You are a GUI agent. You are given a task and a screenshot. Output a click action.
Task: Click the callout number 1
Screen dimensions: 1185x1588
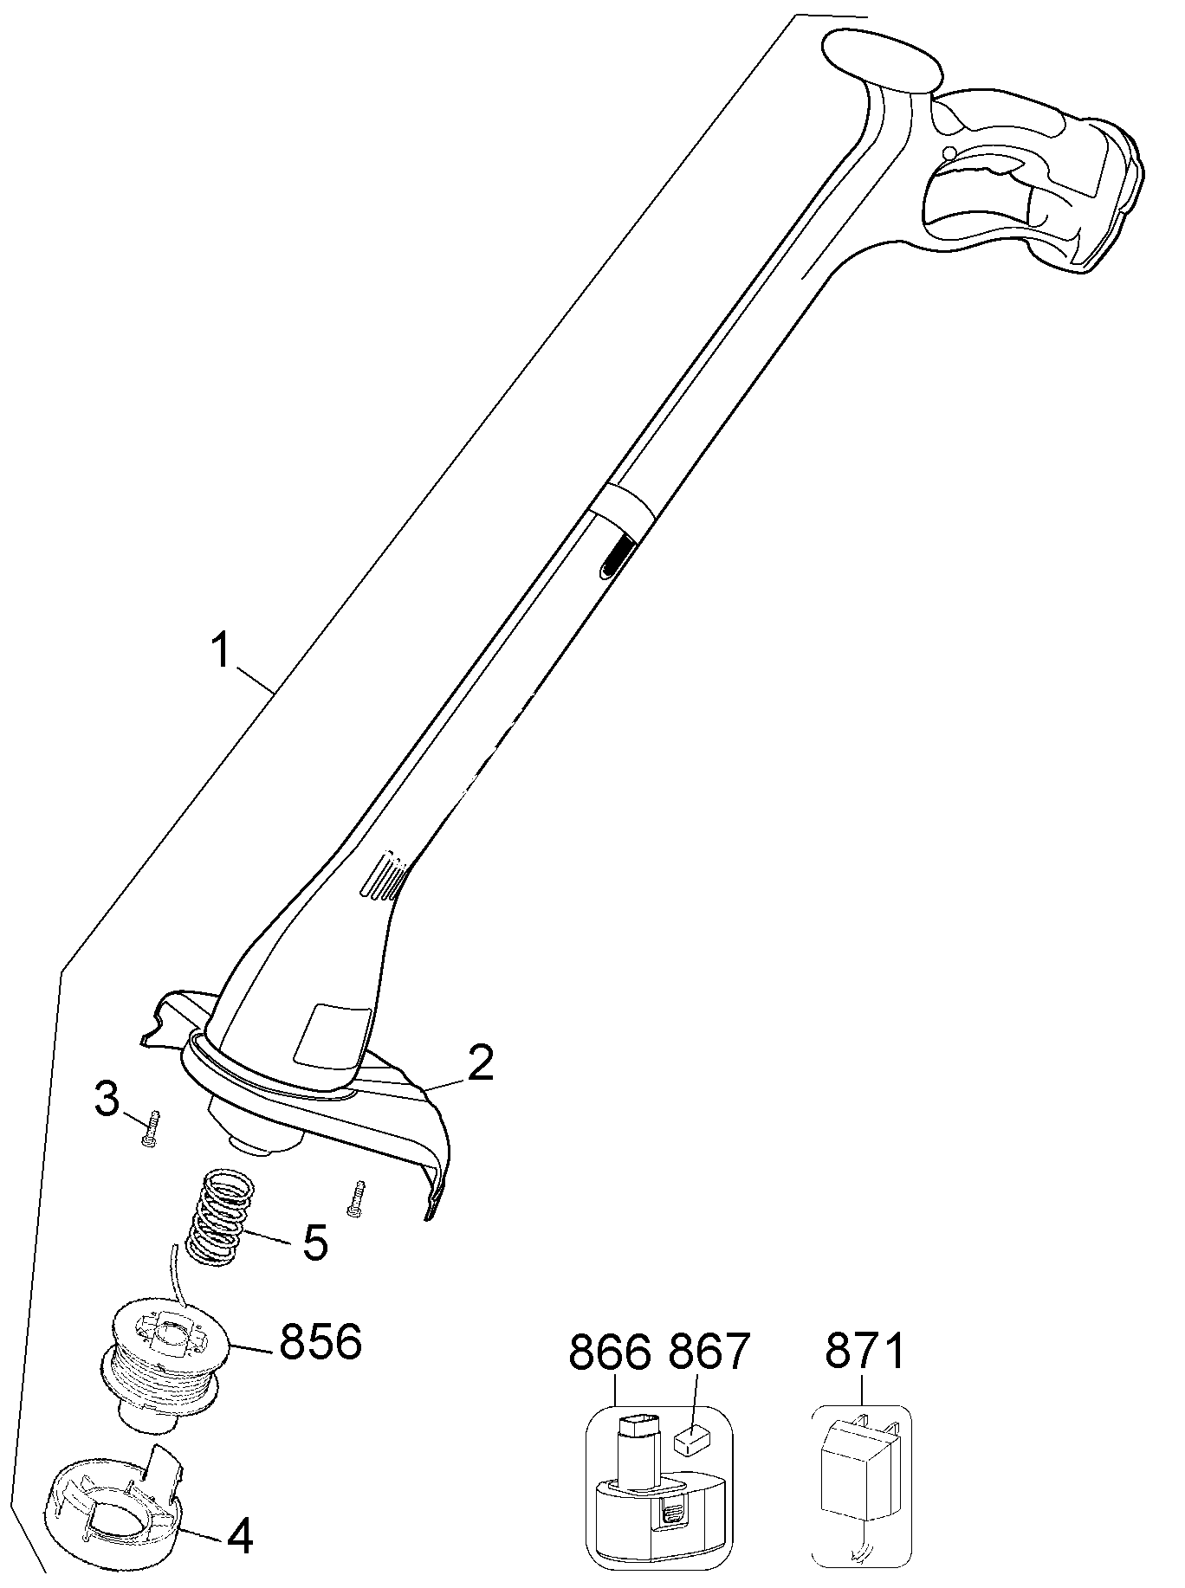pos(223,651)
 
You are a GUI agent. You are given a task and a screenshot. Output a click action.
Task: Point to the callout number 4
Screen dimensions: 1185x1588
pos(239,1536)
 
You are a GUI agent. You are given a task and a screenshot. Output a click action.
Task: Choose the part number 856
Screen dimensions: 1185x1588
pos(319,1341)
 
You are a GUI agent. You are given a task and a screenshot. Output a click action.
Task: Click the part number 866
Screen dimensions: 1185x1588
pos(611,1352)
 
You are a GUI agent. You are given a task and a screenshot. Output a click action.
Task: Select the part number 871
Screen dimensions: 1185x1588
pos(864,1352)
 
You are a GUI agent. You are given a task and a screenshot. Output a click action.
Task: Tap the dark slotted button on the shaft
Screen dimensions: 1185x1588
pos(614,555)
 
